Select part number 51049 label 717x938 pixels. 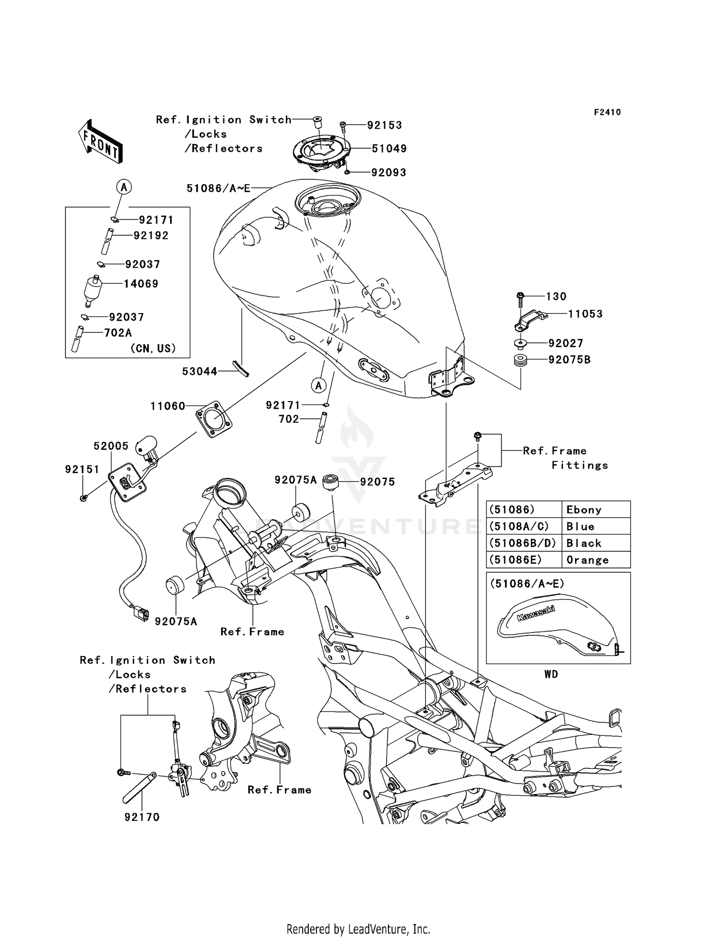point(389,149)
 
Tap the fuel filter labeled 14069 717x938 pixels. point(92,290)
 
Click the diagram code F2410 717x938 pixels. point(607,112)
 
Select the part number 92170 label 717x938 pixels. point(142,817)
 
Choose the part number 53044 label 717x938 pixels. point(200,371)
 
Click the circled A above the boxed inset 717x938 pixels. point(124,187)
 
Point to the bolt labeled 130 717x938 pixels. point(521,299)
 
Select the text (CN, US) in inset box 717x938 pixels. point(153,348)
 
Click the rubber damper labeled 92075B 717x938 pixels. point(521,360)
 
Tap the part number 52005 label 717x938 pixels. point(111,446)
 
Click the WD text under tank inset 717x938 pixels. point(551,674)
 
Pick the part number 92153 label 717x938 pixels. point(384,125)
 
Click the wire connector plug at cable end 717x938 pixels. point(140,612)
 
